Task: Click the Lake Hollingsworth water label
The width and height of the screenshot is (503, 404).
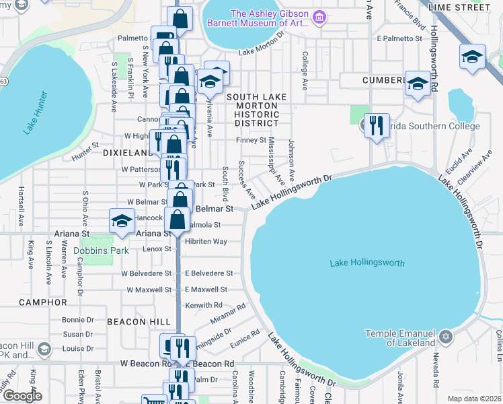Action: coord(367,263)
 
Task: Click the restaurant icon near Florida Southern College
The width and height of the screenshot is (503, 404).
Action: coord(377,125)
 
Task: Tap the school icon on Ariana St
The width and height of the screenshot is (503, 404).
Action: coord(122,222)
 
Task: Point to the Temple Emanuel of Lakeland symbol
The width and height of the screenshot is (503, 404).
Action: coord(444,335)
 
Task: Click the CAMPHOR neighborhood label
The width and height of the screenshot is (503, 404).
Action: coord(43,302)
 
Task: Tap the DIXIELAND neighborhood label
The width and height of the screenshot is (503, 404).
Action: coord(127,153)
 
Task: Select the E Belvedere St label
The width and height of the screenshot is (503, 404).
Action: coord(208,273)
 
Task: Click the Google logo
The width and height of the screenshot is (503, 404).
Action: coord(22,396)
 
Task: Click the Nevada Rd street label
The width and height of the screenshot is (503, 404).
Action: coord(436,370)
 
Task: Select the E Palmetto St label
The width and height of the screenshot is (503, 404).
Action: coord(399,38)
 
